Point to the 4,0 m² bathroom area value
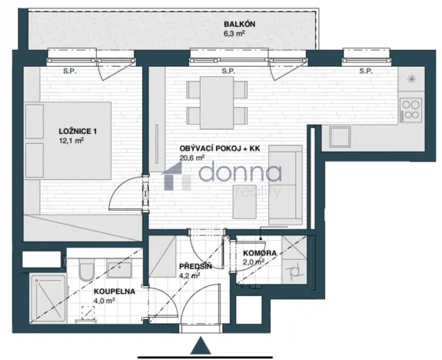(x=105, y=301)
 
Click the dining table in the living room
(x=218, y=101)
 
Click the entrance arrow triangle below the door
(x=201, y=347)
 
